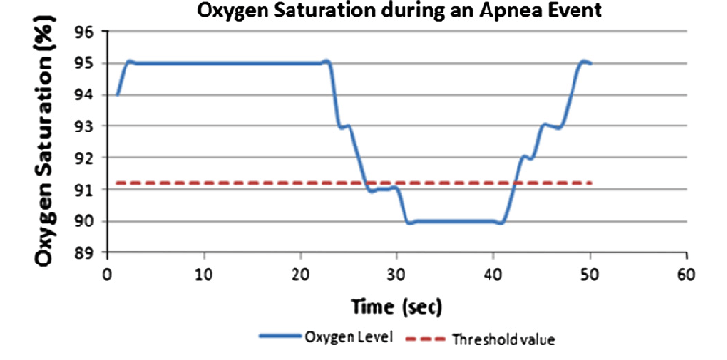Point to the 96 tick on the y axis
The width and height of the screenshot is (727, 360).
[87, 32]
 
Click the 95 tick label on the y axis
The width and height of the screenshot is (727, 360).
[87, 64]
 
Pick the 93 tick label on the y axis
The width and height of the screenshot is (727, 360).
[87, 126]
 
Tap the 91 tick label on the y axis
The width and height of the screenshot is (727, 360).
[87, 190]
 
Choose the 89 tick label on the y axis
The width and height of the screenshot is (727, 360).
[87, 253]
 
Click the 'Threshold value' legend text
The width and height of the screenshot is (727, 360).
[513, 338]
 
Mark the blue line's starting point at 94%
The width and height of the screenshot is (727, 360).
[117, 95]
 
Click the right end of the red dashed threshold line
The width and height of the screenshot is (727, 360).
[590, 183]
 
